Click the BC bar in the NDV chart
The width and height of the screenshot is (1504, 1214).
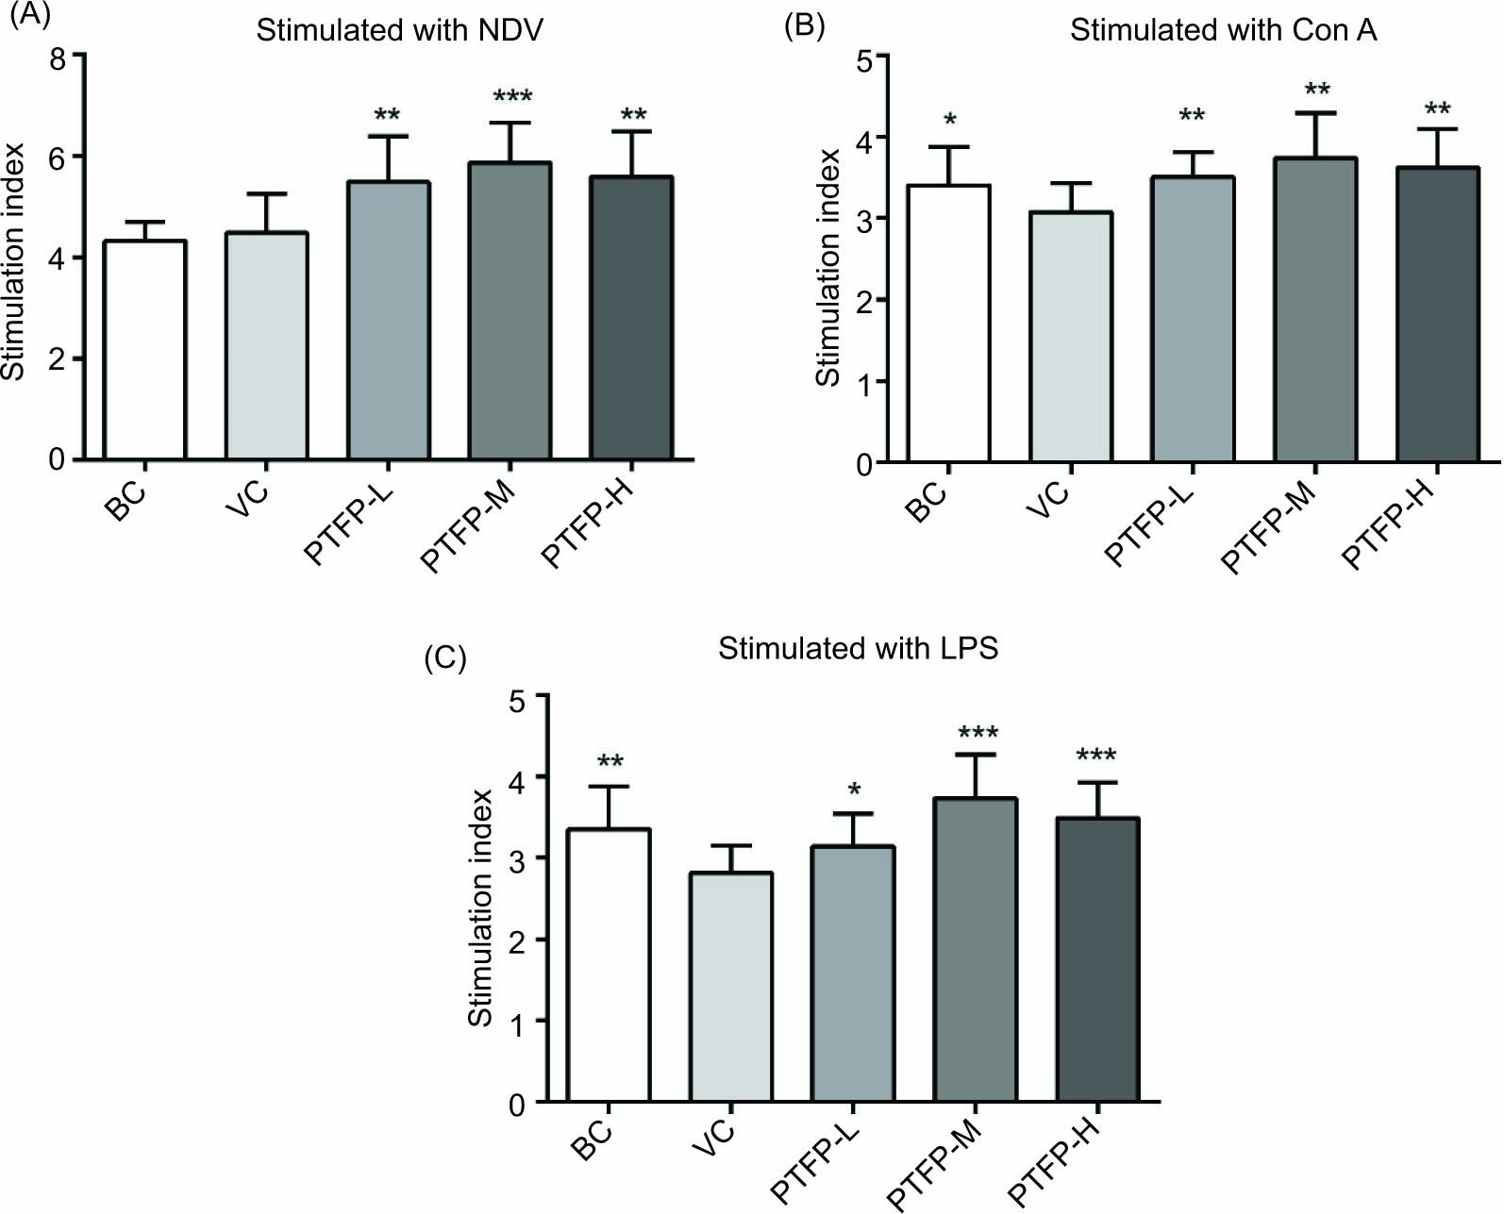(144, 350)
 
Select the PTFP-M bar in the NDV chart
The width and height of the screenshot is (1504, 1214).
(510, 311)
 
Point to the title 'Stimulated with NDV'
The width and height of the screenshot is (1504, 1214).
(399, 30)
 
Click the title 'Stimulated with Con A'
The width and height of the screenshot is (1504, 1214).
(1223, 30)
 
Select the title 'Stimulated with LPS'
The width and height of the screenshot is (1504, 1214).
(858, 649)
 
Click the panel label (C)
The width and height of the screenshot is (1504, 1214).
(445, 657)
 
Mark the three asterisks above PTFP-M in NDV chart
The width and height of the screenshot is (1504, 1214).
(512, 96)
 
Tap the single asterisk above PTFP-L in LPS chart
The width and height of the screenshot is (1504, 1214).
(854, 790)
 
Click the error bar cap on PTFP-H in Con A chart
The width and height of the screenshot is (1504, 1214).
(1437, 129)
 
